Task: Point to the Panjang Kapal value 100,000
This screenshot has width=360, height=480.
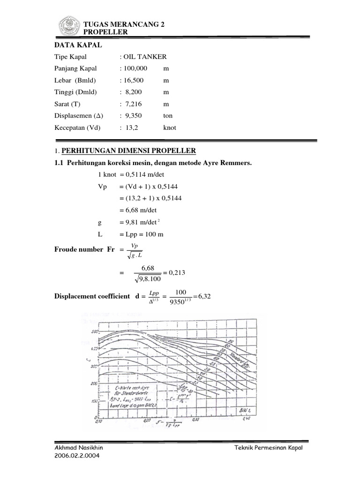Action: [x=136, y=68]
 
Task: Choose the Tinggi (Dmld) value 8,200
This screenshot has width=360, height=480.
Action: [x=135, y=92]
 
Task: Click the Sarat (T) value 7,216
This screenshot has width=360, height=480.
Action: [x=135, y=104]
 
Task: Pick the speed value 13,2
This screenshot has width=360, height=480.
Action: [x=131, y=127]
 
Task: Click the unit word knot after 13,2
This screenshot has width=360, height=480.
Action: [x=169, y=127]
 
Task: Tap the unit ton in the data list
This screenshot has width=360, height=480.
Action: [x=168, y=115]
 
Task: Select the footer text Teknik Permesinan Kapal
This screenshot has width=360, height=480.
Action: [x=269, y=448]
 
